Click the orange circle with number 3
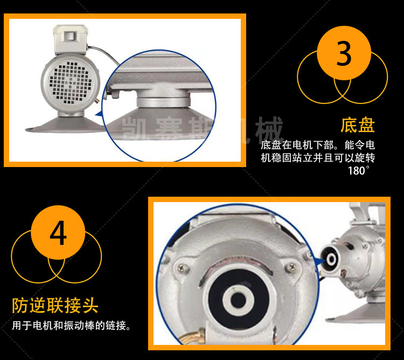(344, 53)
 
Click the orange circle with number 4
(58, 232)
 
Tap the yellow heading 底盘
(357, 126)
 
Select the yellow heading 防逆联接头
(55, 306)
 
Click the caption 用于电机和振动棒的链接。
(71, 326)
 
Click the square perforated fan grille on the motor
(71, 82)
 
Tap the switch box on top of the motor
(71, 39)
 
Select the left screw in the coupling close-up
(183, 268)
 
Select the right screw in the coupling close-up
(292, 266)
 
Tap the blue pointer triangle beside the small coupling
(321, 262)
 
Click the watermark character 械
(269, 129)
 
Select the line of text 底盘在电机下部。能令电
(318, 145)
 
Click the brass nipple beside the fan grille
(97, 100)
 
